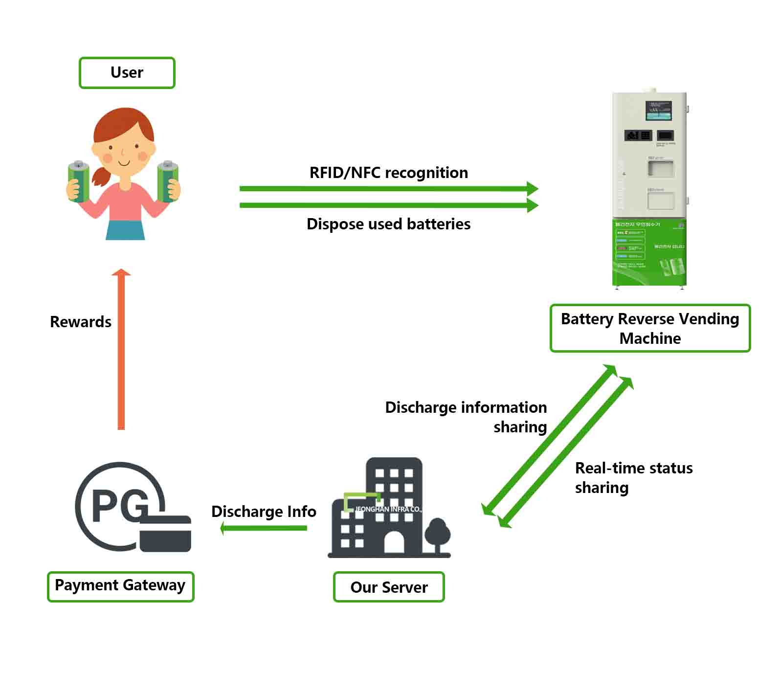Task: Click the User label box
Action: [127, 73]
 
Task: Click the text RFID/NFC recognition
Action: [388, 173]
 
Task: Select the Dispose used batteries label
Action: [388, 224]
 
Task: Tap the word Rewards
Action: [81, 322]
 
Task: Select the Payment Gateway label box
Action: [120, 586]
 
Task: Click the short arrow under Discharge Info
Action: [264, 528]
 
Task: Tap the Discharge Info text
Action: [264, 512]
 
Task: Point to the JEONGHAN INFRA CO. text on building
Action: [388, 509]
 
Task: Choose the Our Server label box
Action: [389, 587]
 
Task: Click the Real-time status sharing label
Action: [633, 478]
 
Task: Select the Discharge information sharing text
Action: [466, 417]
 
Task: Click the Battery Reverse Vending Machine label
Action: [650, 329]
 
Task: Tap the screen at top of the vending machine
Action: [659, 111]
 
